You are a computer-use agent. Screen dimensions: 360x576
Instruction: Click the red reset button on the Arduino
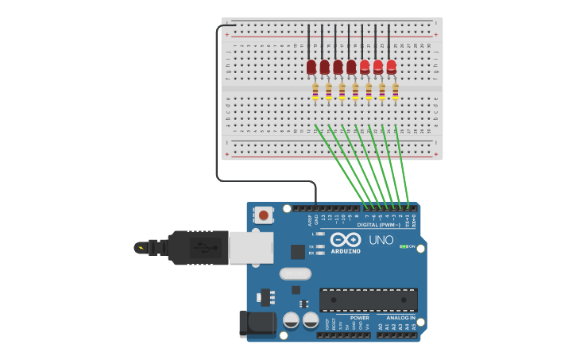tap(263, 215)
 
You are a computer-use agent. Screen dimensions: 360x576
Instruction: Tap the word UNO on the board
tap(381, 240)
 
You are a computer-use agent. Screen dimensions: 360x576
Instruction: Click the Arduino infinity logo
tap(346, 239)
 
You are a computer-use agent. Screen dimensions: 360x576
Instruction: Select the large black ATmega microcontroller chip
tap(368, 300)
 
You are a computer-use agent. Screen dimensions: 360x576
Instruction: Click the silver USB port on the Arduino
tap(250, 247)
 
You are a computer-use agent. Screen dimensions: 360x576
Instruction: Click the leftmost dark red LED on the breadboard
tap(311, 67)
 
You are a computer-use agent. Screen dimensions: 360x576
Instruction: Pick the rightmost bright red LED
tap(392, 67)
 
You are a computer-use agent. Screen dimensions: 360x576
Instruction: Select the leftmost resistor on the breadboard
tap(315, 92)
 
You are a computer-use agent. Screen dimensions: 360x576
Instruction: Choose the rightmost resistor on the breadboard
tap(395, 92)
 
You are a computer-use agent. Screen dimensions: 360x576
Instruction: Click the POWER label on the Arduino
tap(359, 318)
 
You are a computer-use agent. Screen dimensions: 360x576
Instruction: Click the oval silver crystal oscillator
tap(295, 273)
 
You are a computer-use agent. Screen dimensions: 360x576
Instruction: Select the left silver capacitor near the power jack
tap(291, 320)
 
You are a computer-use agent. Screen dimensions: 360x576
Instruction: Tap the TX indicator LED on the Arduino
tap(320, 246)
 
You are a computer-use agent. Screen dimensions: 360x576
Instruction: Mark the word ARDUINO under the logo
tap(346, 251)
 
